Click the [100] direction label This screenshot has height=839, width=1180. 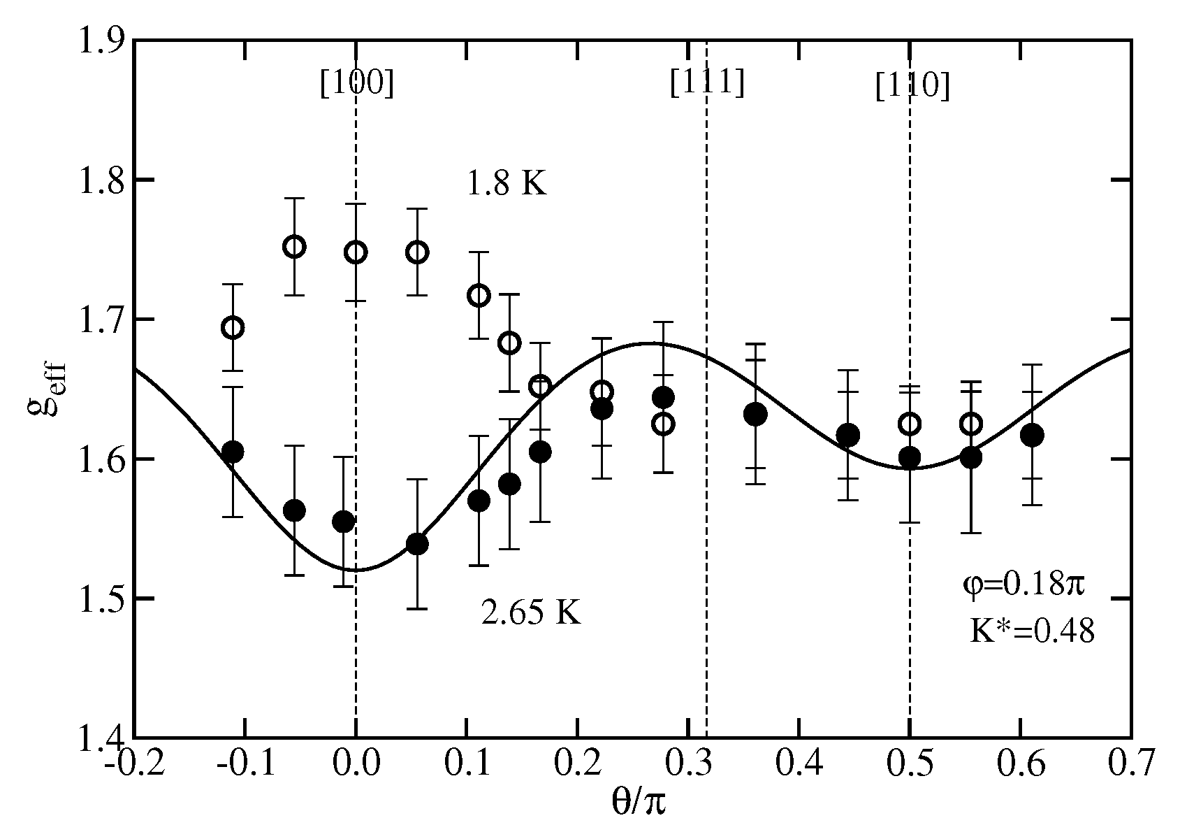pos(357,85)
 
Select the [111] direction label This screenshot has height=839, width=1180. pos(707,83)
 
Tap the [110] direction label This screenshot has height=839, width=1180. pos(912,87)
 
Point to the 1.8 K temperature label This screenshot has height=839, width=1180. pos(507,185)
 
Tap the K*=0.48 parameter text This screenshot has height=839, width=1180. pos(1031,631)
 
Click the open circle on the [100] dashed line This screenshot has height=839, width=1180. pos(356,252)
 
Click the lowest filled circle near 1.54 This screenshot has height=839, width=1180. pos(417,545)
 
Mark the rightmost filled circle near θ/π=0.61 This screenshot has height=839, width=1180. pos(1031,435)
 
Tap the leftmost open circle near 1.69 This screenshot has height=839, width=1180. pos(233,327)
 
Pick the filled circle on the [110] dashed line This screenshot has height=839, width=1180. pos(909,457)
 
